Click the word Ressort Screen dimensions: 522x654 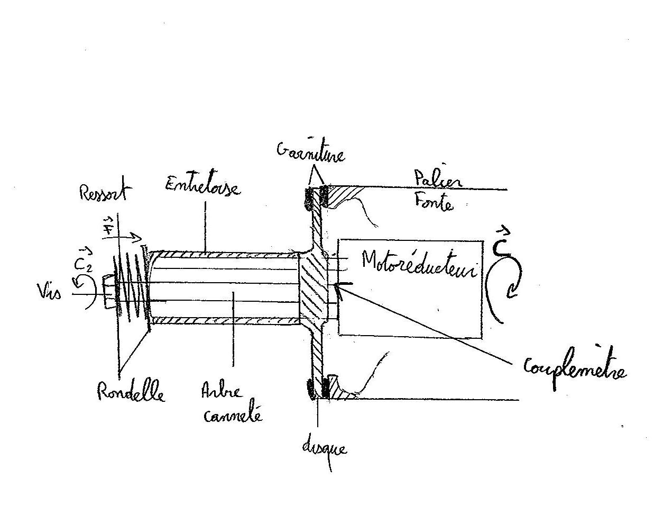click(103, 192)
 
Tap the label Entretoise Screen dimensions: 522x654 click(202, 186)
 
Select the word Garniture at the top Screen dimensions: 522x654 click(310, 152)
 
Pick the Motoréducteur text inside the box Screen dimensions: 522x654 click(419, 263)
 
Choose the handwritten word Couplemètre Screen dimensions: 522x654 click(574, 367)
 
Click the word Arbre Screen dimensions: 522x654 click(221, 392)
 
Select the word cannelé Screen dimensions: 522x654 click(233, 415)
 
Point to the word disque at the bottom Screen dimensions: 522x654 click(324, 448)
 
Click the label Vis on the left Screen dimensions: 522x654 click(49, 291)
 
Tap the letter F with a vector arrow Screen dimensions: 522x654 click(108, 227)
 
